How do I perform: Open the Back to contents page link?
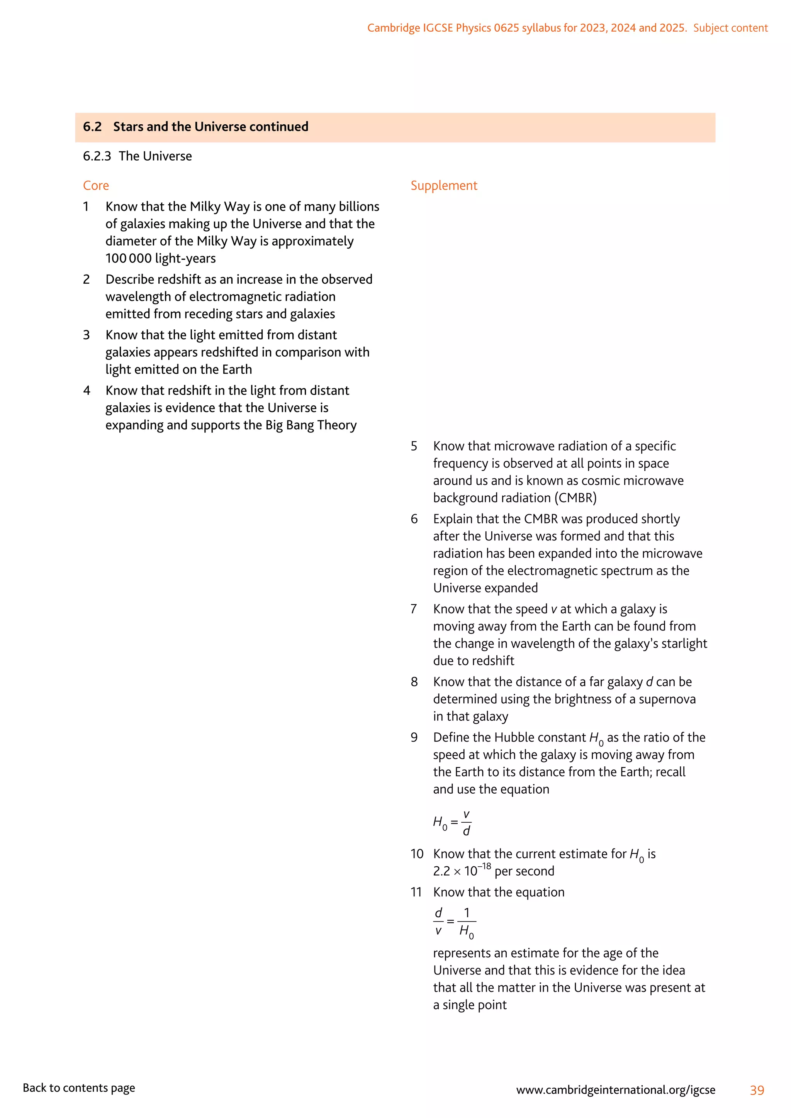[x=79, y=1088]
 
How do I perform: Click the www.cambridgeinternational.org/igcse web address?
[x=616, y=1090]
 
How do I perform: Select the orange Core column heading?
[x=96, y=186]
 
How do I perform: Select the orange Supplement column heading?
[x=444, y=186]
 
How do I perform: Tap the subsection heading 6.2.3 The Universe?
[x=137, y=156]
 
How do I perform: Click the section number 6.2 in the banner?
[x=92, y=127]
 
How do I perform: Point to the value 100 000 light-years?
[x=160, y=259]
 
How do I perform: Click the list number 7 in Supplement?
[x=414, y=609]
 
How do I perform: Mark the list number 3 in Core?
[x=86, y=335]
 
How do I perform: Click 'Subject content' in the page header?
[x=730, y=28]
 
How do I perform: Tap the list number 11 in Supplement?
[x=416, y=892]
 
